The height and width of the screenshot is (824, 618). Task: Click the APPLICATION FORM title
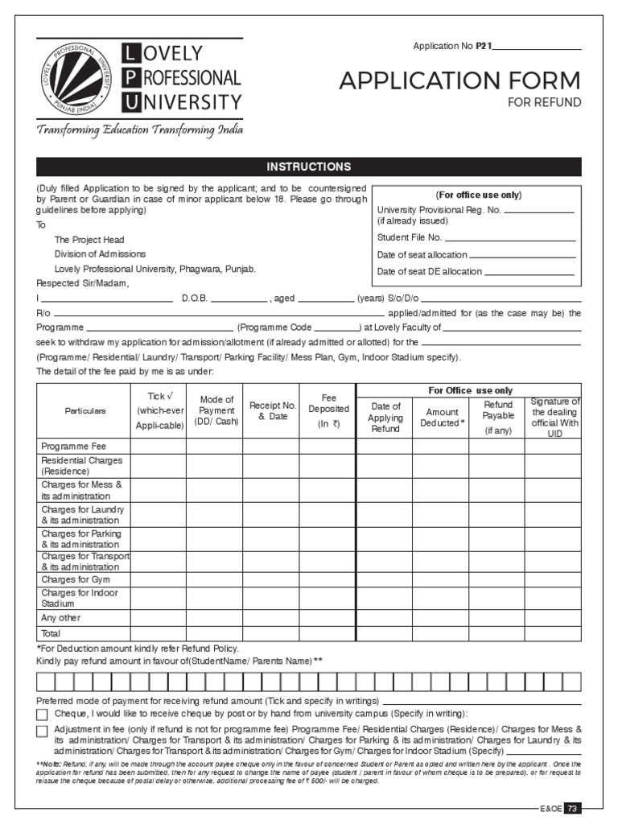pyautogui.click(x=459, y=80)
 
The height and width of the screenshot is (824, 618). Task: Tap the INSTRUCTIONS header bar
pyautogui.click(x=309, y=167)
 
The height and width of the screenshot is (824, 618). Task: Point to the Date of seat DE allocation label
pyautogui.click(x=430, y=271)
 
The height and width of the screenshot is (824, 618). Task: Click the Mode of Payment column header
pyautogui.click(x=216, y=410)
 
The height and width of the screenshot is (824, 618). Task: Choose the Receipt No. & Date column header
pyautogui.click(x=273, y=410)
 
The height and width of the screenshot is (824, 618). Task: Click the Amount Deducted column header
pyautogui.click(x=442, y=417)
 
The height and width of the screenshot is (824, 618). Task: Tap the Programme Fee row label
pyautogui.click(x=73, y=446)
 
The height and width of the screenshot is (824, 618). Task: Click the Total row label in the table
pyautogui.click(x=51, y=634)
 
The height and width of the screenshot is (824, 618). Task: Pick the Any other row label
pyautogui.click(x=60, y=618)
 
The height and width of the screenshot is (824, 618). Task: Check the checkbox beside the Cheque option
pyautogui.click(x=43, y=715)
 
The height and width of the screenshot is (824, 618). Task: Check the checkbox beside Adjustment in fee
pyautogui.click(x=43, y=731)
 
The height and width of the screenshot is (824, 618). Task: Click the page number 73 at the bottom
pyautogui.click(x=571, y=808)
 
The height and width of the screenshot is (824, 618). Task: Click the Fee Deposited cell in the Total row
pyautogui.click(x=327, y=634)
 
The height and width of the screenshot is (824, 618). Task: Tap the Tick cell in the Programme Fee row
pyautogui.click(x=159, y=446)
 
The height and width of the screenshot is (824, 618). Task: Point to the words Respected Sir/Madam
pyautogui.click(x=82, y=283)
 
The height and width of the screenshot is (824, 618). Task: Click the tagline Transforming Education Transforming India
pyautogui.click(x=138, y=130)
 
